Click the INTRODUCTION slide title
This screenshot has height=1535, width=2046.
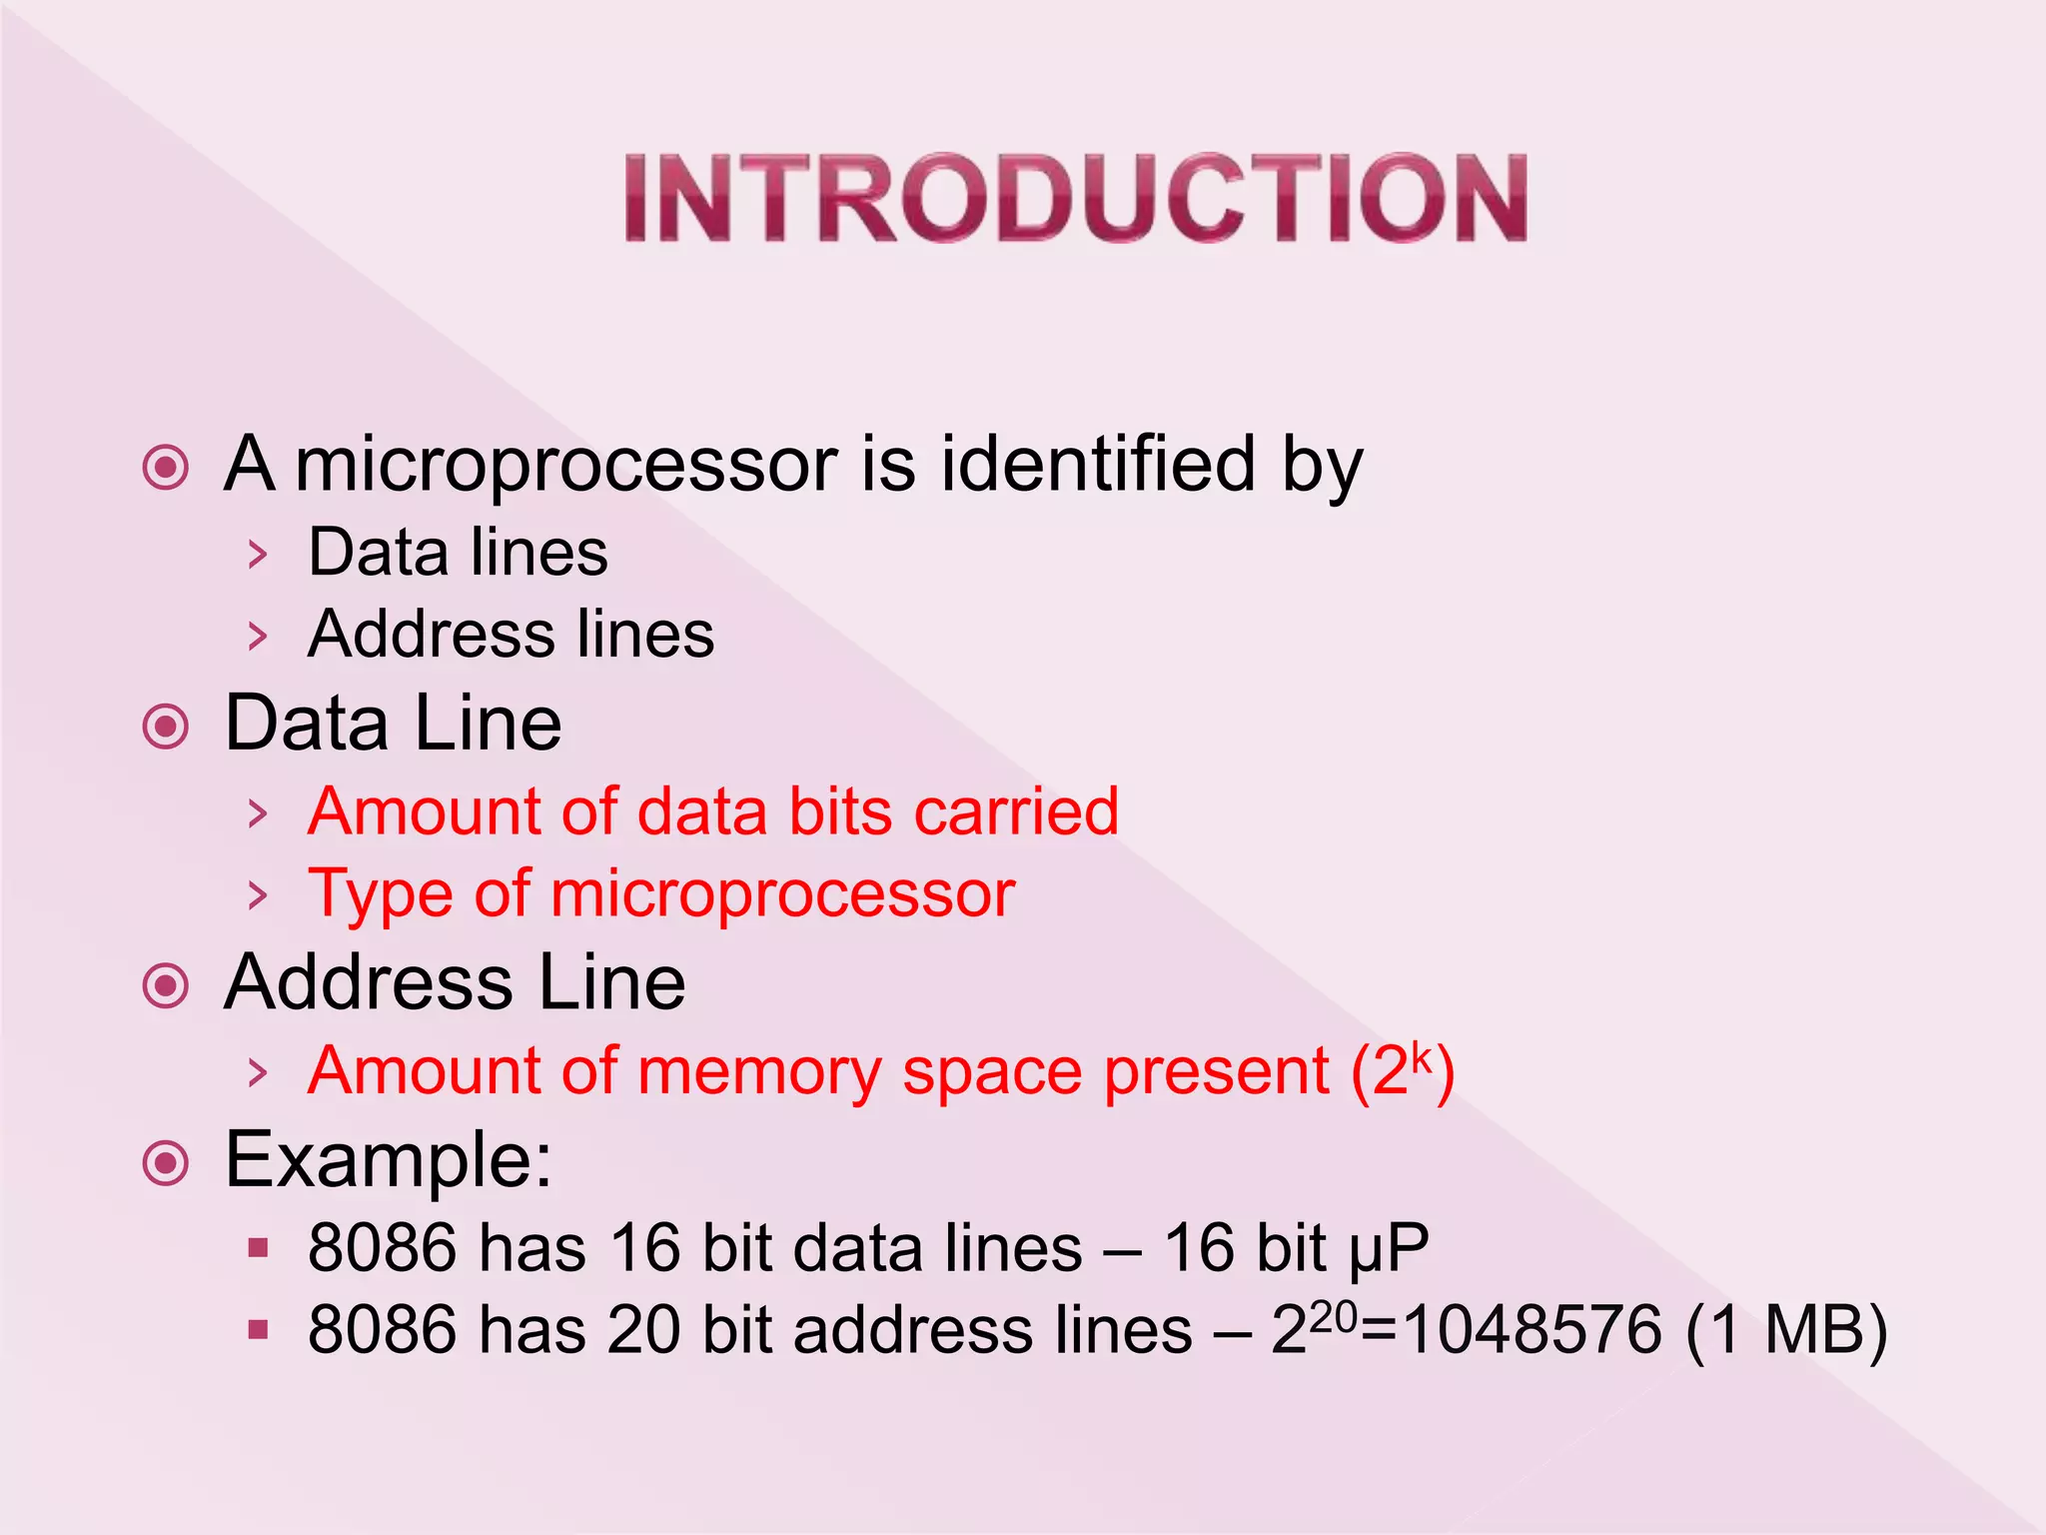[1076, 198]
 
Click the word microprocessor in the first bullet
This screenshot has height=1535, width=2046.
[565, 465]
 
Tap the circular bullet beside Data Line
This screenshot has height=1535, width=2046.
[166, 726]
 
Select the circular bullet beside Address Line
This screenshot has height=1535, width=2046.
[166, 985]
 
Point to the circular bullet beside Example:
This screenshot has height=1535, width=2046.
[166, 1162]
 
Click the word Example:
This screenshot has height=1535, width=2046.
[389, 1161]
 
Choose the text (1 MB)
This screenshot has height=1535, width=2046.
[1786, 1330]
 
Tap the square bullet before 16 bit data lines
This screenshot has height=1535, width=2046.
[259, 1247]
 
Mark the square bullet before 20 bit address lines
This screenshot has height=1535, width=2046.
[259, 1329]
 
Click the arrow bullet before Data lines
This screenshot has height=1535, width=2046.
[258, 554]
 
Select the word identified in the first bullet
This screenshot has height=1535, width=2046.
[1097, 465]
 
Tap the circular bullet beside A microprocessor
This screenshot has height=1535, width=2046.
[166, 467]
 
